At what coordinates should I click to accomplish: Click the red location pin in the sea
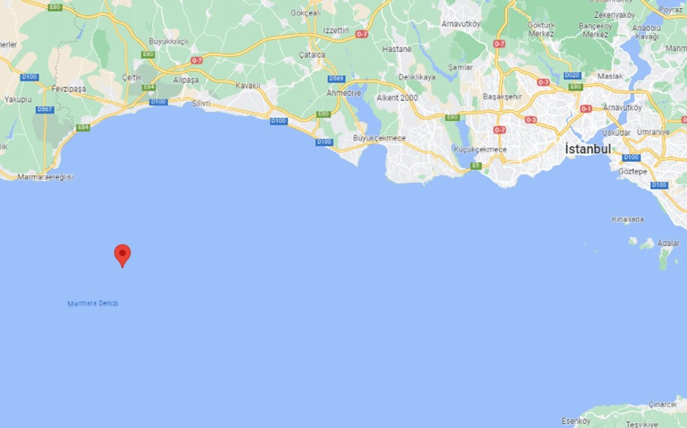pyautogui.click(x=122, y=255)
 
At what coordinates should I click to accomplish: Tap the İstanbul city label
pyautogui.click(x=588, y=149)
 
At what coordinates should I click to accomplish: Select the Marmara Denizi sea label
pyautogui.click(x=93, y=303)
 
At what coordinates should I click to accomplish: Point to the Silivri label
pyautogui.click(x=201, y=103)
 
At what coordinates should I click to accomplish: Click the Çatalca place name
pyautogui.click(x=312, y=55)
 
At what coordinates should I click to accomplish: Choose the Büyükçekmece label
pyautogui.click(x=379, y=138)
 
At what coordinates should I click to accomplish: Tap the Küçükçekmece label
pyautogui.click(x=480, y=149)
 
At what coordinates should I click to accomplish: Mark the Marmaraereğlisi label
pyautogui.click(x=45, y=177)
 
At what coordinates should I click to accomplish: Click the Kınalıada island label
pyautogui.click(x=627, y=219)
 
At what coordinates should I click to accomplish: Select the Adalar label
pyautogui.click(x=668, y=243)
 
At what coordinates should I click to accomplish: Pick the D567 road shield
pyautogui.click(x=45, y=110)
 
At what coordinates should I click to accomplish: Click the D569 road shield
pyautogui.click(x=337, y=79)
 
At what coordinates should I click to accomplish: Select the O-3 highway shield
pyautogui.click(x=531, y=120)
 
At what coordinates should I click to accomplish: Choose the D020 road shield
pyautogui.click(x=572, y=76)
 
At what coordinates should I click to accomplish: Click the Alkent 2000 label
pyautogui.click(x=397, y=98)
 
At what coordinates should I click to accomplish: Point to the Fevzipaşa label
pyautogui.click(x=69, y=89)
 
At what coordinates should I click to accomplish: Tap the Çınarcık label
pyautogui.click(x=662, y=404)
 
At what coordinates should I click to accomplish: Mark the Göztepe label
pyautogui.click(x=633, y=171)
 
